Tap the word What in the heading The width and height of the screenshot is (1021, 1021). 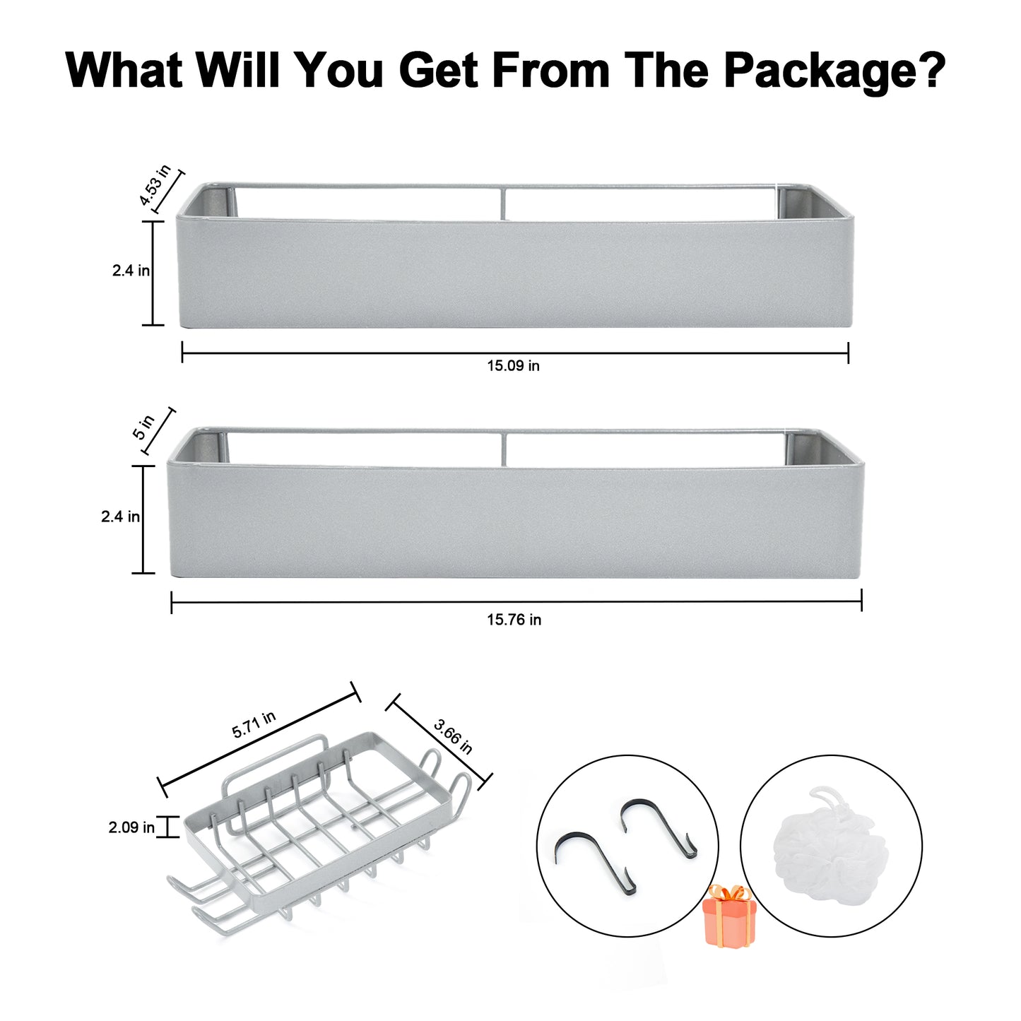[x=124, y=69]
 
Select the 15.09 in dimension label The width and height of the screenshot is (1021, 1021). [x=514, y=366]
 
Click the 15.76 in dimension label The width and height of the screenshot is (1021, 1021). [x=514, y=620]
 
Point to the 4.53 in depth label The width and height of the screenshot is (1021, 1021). [x=155, y=185]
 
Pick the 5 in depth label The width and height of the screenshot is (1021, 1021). [x=143, y=427]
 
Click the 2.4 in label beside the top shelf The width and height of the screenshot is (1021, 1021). [x=131, y=271]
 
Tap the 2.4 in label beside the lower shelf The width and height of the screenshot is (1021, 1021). [x=120, y=517]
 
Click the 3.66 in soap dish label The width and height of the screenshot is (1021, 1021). [x=452, y=736]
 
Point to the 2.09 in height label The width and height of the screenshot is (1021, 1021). [x=131, y=827]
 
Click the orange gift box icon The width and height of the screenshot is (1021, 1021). [x=728, y=916]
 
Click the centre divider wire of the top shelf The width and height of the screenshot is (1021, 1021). [x=503, y=203]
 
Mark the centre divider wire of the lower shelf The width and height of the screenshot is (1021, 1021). [x=503, y=450]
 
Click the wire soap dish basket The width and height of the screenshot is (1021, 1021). [x=319, y=831]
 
